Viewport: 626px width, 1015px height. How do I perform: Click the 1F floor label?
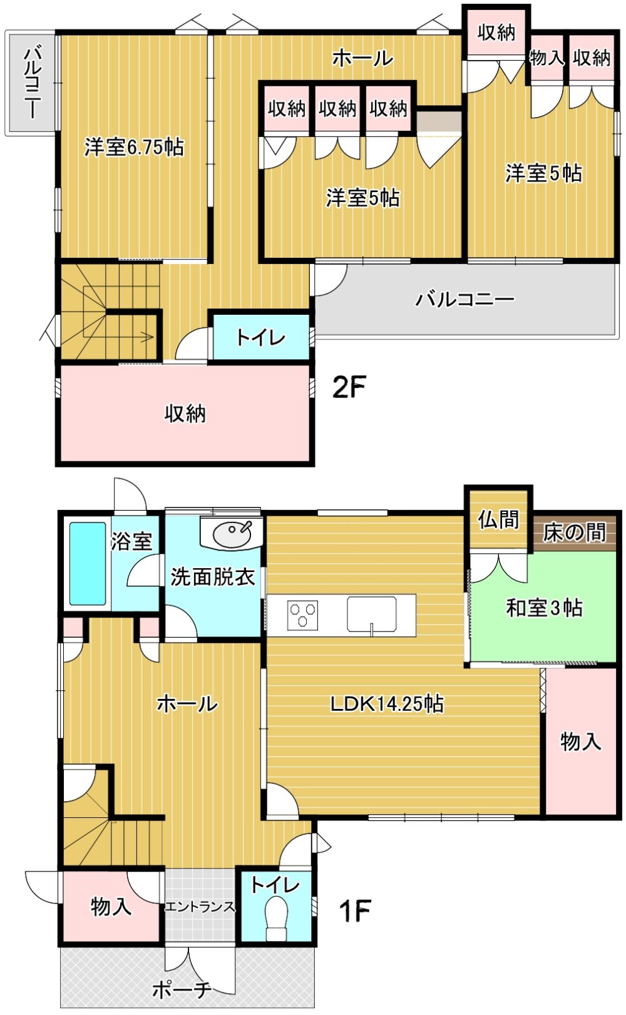click(355, 910)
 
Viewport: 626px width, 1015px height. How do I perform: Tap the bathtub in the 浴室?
click(88, 564)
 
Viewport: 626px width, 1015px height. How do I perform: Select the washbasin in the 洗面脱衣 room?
click(232, 535)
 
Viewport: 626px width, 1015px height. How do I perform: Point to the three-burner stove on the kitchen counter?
click(303, 615)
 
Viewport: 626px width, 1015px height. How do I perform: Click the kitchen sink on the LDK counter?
click(372, 614)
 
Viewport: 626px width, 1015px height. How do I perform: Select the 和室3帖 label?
click(544, 608)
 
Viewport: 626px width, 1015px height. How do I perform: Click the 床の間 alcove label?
click(574, 533)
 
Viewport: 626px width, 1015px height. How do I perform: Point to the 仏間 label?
click(498, 519)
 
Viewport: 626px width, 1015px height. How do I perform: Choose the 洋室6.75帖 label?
click(134, 147)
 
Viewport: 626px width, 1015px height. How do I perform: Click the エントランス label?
click(200, 907)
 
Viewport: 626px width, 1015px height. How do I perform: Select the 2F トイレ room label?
click(260, 337)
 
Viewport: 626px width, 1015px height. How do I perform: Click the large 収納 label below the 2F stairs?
click(185, 413)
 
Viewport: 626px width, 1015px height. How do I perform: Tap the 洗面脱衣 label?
click(213, 577)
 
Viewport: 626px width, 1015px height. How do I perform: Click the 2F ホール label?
click(362, 58)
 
